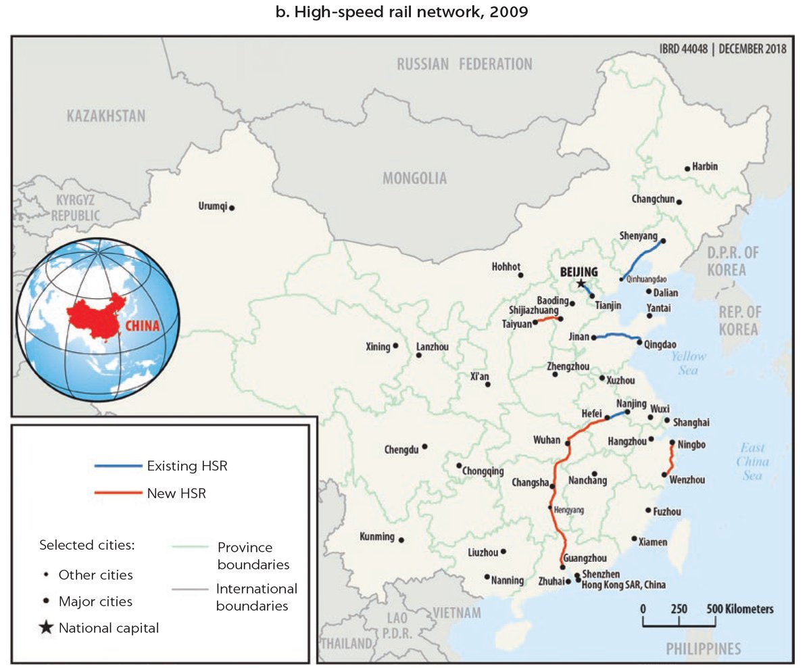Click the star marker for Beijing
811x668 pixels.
click(x=581, y=284)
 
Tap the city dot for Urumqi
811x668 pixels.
click(x=232, y=208)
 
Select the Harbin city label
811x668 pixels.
click(x=706, y=167)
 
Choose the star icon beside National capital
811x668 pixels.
click(x=46, y=628)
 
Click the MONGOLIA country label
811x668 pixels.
click(x=415, y=178)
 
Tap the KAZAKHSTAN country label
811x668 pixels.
click(x=106, y=116)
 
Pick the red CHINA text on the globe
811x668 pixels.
click(x=143, y=326)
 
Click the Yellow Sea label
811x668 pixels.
click(x=689, y=363)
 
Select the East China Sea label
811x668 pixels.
click(x=754, y=462)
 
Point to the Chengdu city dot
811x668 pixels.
click(x=424, y=447)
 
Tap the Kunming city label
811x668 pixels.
click(x=376, y=537)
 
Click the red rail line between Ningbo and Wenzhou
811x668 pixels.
click(x=670, y=460)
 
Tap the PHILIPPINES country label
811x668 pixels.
click(x=703, y=649)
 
